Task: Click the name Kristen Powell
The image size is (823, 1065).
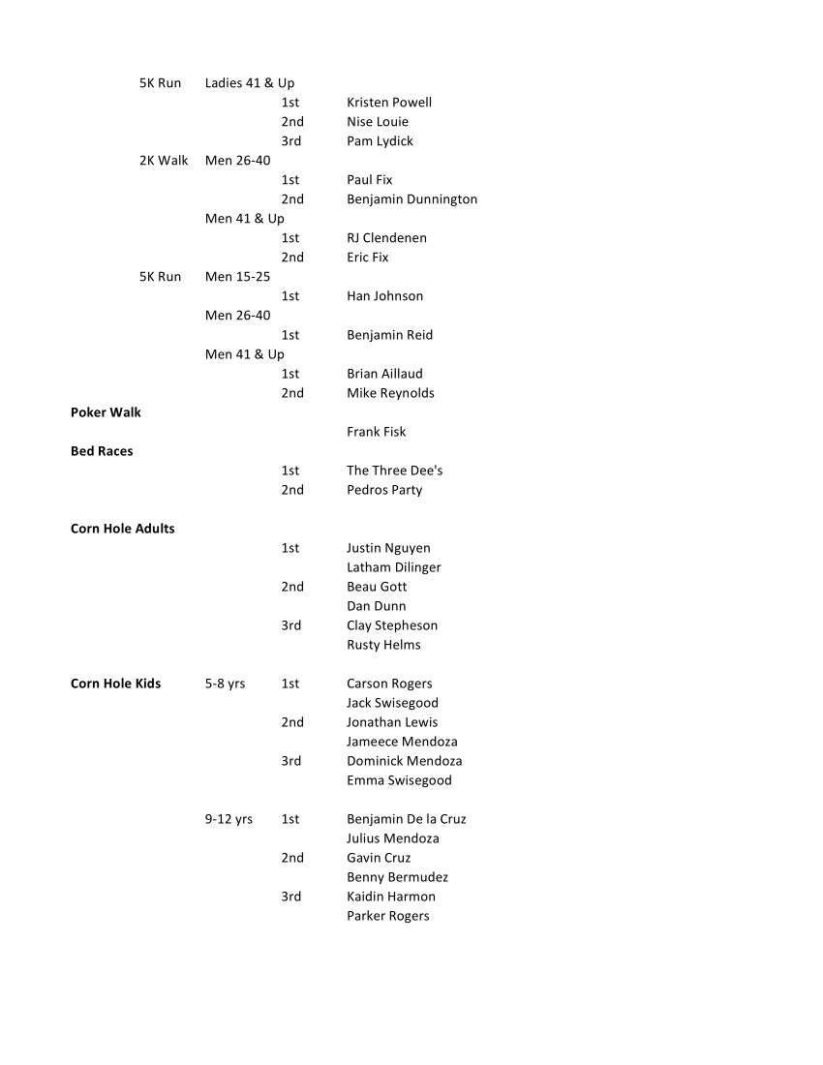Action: point(389,103)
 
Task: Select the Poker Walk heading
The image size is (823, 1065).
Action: point(106,412)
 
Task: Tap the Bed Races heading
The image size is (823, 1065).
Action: point(102,451)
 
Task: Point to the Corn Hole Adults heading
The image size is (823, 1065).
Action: point(122,529)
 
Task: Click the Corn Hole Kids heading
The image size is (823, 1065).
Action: point(115,684)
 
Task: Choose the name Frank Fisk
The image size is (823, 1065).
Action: point(376,432)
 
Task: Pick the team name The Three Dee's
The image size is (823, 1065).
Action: point(394,471)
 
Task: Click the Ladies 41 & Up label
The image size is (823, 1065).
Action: point(250,83)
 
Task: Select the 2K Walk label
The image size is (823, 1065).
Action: point(164,161)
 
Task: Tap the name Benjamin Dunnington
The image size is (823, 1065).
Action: point(411,199)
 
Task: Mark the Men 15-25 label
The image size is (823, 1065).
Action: point(237,277)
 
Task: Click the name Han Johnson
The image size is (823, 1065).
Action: point(384,296)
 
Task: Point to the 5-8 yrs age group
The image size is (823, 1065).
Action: point(225,684)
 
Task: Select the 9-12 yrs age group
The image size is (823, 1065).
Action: point(229,819)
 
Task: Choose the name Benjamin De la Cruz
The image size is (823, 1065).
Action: point(406,819)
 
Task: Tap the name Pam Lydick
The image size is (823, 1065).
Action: point(380,141)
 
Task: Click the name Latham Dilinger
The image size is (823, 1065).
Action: point(393,567)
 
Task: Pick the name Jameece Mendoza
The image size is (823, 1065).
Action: point(402,742)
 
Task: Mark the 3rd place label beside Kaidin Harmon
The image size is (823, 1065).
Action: point(290,897)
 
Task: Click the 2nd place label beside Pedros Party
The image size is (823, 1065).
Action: point(292,490)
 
